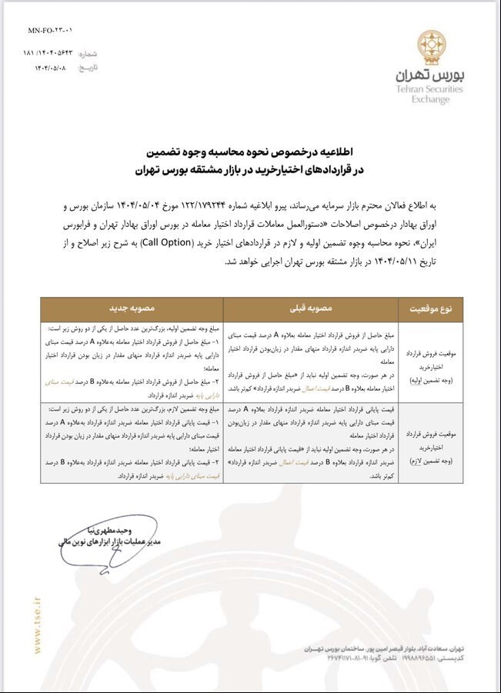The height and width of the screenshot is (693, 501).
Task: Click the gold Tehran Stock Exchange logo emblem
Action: pos(429,46)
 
